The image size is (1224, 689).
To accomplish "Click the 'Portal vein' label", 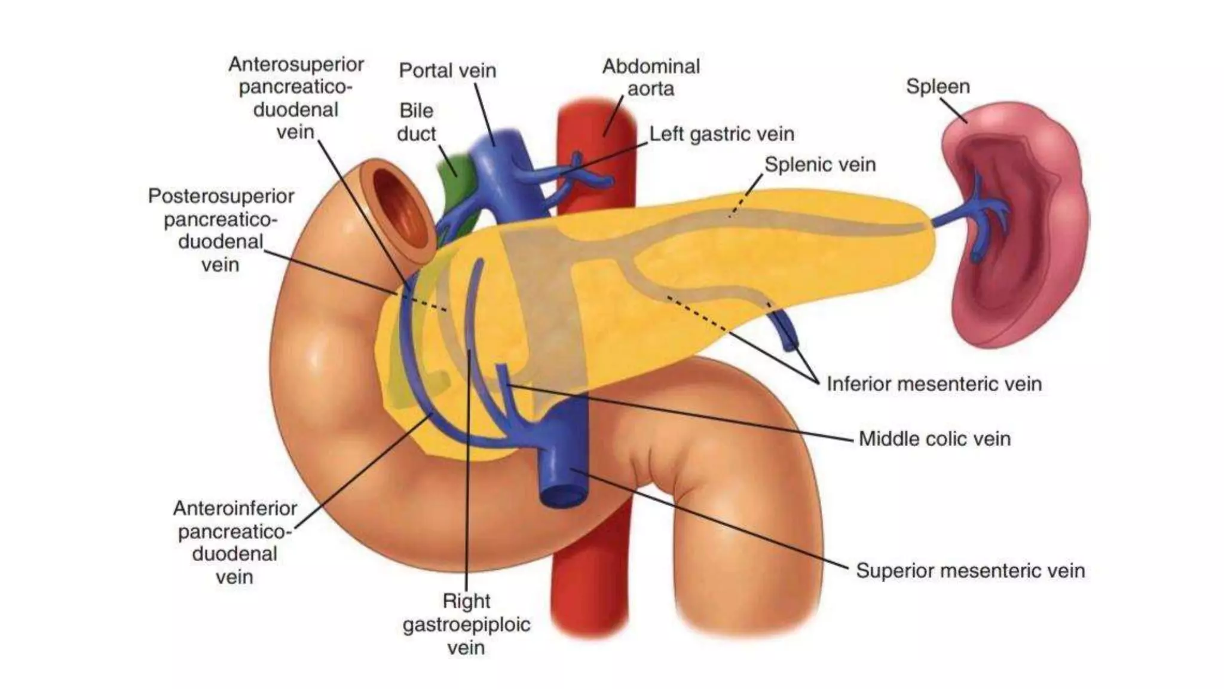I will click(x=447, y=71).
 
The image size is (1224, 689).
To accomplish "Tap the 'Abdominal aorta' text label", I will click(x=650, y=77).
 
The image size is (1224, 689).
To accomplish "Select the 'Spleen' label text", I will click(x=937, y=87).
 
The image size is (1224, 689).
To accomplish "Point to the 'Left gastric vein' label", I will click(x=721, y=134).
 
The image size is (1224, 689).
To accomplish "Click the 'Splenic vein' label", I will click(x=819, y=164).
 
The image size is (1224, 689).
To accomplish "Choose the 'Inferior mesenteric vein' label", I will click(x=934, y=384).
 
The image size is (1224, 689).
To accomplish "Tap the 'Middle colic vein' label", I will click(x=934, y=439).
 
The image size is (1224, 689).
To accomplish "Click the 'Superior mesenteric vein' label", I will click(x=969, y=571).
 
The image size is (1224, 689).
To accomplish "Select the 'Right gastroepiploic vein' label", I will click(x=466, y=624).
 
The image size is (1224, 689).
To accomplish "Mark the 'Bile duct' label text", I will click(x=416, y=122).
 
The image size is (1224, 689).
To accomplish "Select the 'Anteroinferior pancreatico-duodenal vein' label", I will click(x=234, y=542).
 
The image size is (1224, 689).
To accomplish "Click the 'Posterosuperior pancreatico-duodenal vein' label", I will click(x=221, y=230).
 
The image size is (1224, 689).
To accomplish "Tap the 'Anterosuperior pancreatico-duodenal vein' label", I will click(x=295, y=98).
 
